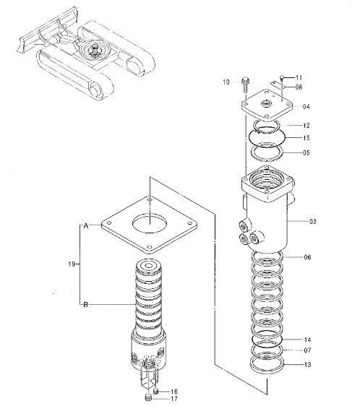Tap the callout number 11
[299, 77]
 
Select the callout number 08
[299, 87]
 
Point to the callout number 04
[307, 107]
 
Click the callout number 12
[307, 125]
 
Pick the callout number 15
[307, 138]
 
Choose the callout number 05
[307, 152]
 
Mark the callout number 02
[313, 223]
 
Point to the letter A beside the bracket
[85, 227]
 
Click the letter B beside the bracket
[85, 305]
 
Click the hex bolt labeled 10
[247, 82]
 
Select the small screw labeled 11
[282, 77]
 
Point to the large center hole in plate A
[149, 222]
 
